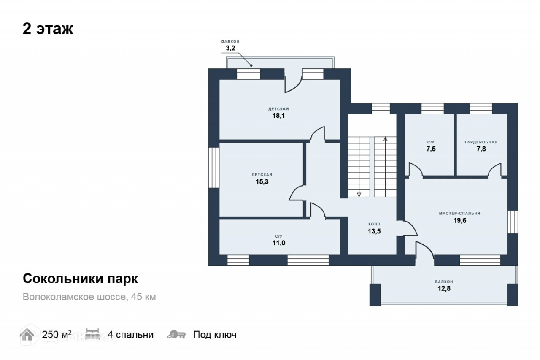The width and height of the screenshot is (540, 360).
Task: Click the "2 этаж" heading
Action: point(48,29)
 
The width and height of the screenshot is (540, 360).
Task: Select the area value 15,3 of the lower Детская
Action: point(262,182)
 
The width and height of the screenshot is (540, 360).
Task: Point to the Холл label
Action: point(374,224)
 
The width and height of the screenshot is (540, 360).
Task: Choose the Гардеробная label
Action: point(481,142)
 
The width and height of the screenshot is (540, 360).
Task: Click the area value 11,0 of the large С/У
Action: point(279,243)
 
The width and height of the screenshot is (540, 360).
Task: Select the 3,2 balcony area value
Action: point(230,48)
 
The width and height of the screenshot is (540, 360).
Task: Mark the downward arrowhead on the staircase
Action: point(359,194)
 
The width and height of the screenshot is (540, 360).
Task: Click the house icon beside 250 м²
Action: point(27,334)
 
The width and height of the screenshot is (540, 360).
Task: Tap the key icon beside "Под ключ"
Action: point(176,335)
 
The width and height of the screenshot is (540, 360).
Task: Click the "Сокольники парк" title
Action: point(80,279)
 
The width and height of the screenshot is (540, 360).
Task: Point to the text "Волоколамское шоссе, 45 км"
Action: point(89,297)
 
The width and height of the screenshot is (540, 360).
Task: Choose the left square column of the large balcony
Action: point(375,295)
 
